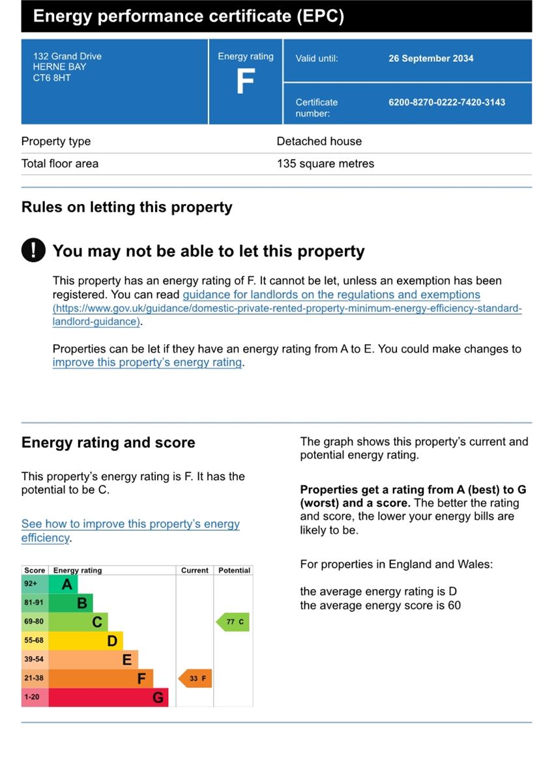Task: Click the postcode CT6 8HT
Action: pos(51,78)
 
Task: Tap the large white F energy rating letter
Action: pos(246,81)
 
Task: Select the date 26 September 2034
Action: pos(431,58)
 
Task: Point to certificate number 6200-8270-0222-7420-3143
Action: pos(446,102)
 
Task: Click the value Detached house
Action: pos(319,141)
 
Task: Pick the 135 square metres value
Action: pos(325,164)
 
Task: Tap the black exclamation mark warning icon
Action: pos(33,250)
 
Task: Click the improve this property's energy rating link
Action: pos(147,362)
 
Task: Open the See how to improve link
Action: pos(130,530)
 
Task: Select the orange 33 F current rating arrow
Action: pos(195,678)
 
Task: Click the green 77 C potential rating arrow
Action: pos(233,622)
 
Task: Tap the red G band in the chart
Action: pos(108,697)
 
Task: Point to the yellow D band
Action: pos(85,641)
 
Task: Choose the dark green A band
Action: pos(63,584)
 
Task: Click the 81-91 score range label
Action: pos(34,603)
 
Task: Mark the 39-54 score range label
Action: pos(34,659)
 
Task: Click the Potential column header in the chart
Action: pos(234,570)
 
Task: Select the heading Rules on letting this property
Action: pos(126,207)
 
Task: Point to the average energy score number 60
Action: pos(454,605)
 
